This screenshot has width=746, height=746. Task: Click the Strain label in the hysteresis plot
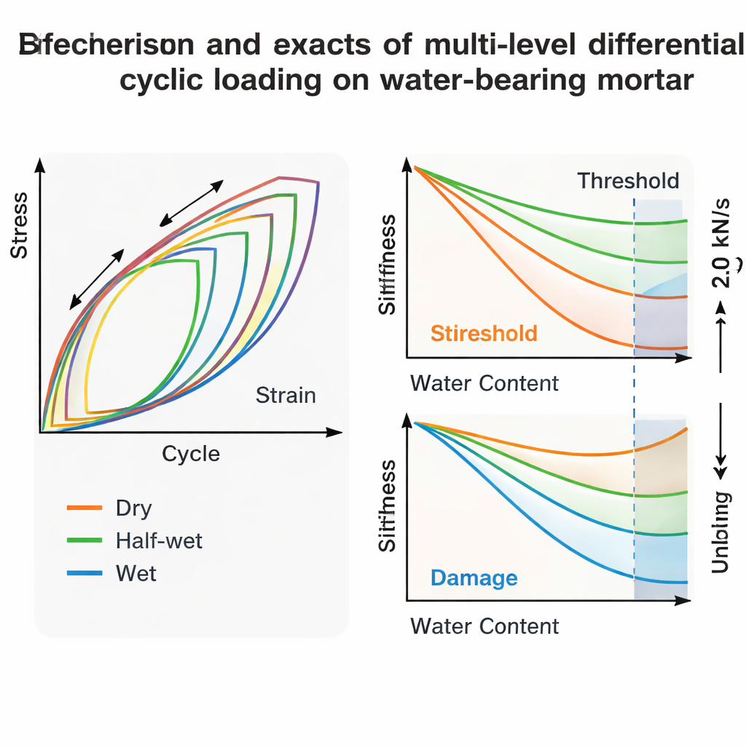[286, 396]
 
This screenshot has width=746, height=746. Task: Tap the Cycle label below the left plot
[190, 455]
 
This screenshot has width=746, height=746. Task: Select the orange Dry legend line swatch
[84, 508]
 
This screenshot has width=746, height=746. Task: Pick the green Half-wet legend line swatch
[84, 541]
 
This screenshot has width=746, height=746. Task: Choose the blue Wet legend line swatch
[84, 573]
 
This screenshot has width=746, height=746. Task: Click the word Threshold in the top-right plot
[628, 181]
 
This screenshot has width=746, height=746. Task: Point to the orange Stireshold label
[484, 334]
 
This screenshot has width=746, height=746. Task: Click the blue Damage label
[474, 578]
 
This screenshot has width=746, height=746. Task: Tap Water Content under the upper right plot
[484, 383]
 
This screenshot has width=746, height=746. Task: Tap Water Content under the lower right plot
[484, 626]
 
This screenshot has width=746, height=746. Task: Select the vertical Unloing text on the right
[721, 533]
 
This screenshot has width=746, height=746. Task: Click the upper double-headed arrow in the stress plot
[192, 202]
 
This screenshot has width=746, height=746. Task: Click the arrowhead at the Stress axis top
[41, 165]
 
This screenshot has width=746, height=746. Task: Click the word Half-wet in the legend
[159, 541]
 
